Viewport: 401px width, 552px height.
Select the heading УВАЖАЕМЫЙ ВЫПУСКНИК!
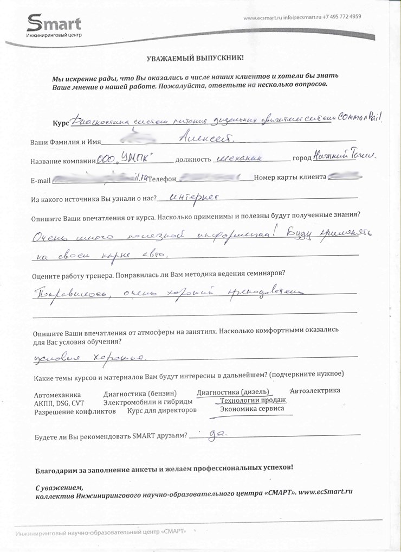click(195, 58)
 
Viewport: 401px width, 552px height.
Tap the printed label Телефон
click(163, 179)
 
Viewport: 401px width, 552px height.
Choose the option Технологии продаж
click(253, 401)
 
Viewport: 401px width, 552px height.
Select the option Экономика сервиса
click(251, 409)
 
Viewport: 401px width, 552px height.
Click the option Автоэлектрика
click(315, 390)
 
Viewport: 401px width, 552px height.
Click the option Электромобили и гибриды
click(147, 402)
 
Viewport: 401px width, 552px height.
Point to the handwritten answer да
click(217, 434)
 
